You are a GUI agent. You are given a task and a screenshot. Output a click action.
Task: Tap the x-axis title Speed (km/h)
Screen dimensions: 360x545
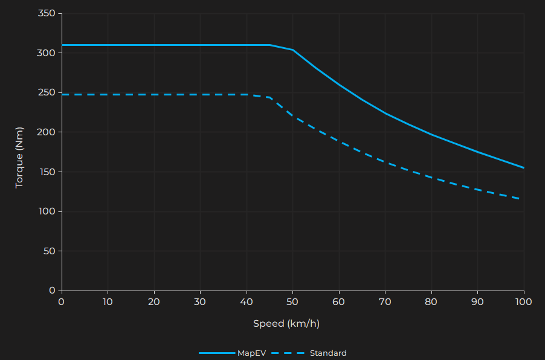coord(286,324)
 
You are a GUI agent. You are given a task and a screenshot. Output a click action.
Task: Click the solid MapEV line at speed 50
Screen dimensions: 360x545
coord(292,50)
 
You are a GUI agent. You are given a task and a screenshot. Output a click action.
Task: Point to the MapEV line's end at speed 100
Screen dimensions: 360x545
coord(523,167)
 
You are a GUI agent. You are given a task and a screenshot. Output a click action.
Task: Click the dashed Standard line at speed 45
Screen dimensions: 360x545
coord(269,97)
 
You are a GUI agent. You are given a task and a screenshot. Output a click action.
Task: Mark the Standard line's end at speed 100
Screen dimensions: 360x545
coord(523,199)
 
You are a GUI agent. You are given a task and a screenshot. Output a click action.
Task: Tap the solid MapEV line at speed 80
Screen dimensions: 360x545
coord(431,134)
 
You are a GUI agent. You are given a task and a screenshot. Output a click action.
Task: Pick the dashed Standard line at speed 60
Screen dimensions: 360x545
coord(338,141)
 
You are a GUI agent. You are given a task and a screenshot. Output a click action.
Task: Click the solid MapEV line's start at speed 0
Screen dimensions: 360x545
coord(62,45)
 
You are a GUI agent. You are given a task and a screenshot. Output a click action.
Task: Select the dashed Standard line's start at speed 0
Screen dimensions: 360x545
coord(62,94)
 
